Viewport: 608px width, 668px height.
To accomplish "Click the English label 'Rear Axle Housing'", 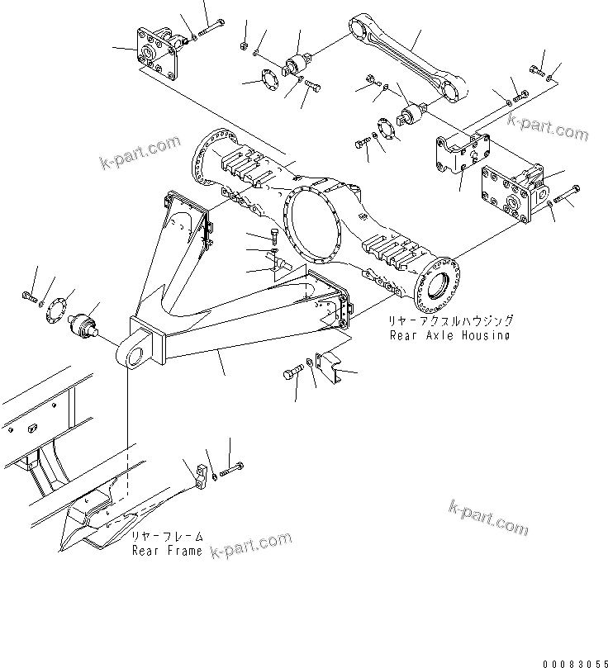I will (449, 335).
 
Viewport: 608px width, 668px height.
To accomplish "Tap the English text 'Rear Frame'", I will (167, 551).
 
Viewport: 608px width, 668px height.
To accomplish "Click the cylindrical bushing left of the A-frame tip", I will (86, 325).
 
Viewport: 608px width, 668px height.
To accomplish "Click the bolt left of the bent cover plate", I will (293, 374).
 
